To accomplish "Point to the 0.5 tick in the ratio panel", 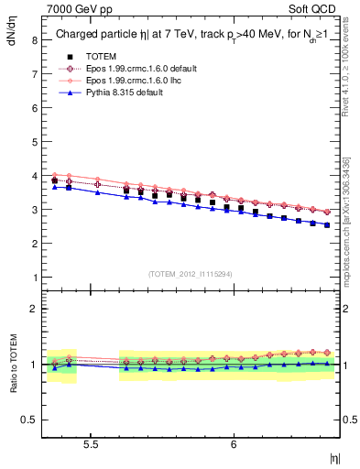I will coord(29,420).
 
